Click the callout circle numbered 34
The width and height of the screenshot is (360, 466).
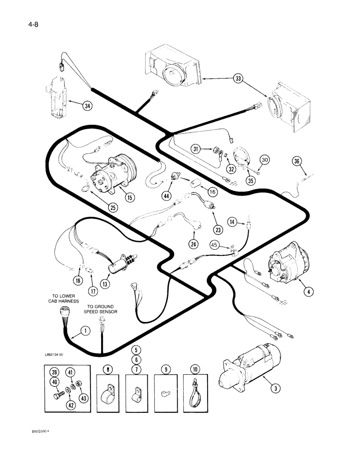(x=86, y=106)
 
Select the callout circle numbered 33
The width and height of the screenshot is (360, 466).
(x=239, y=79)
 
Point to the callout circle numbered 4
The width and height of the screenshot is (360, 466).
(x=307, y=292)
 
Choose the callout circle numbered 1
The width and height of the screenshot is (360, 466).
(x=85, y=331)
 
